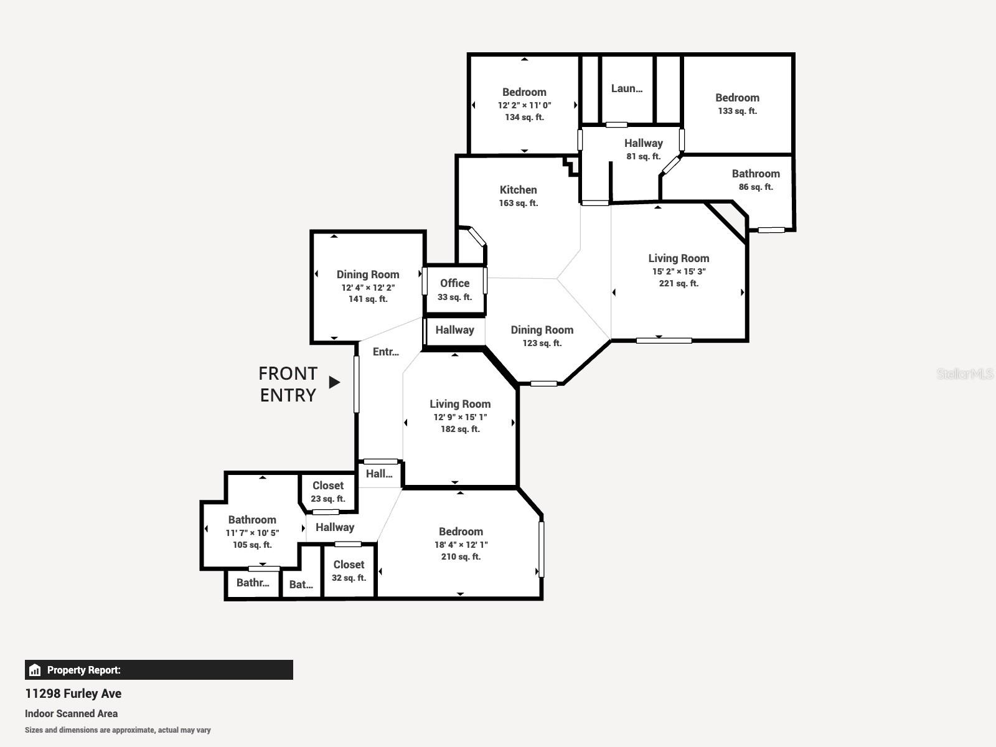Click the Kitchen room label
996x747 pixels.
[518, 190]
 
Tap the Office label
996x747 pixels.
[454, 283]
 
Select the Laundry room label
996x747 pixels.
[627, 88]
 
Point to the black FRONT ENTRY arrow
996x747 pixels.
[334, 382]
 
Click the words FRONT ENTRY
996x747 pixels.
[288, 384]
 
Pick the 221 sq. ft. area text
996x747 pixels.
[679, 283]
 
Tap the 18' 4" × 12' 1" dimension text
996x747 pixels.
[461, 544]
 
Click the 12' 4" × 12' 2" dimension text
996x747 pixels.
[368, 288]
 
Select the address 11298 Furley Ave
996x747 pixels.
[73, 693]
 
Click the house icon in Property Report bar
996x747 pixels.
[35, 670]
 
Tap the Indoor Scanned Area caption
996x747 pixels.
[71, 713]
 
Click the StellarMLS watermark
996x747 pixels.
[965, 374]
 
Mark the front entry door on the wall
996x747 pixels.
[357, 384]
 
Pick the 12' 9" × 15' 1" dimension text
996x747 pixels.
[460, 417]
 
